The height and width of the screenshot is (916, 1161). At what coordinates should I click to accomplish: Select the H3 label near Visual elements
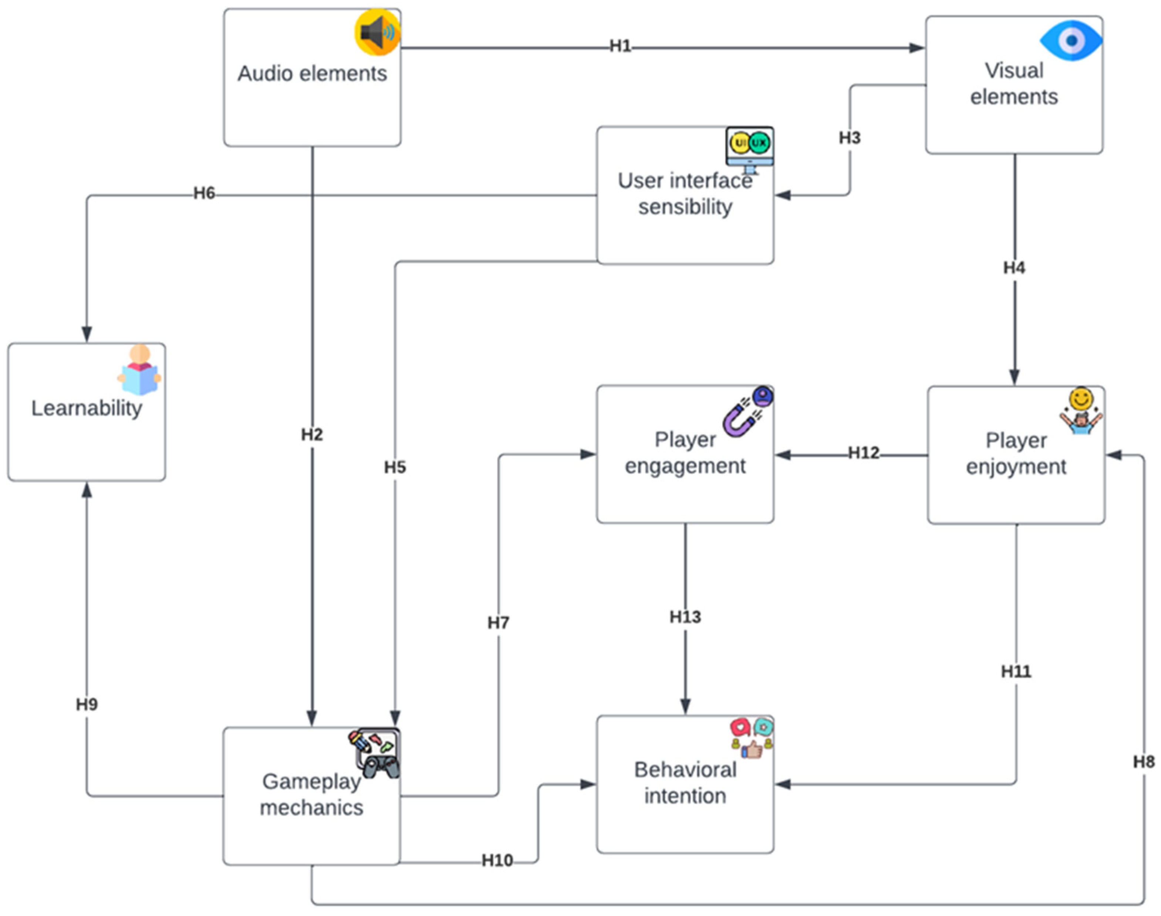tap(850, 138)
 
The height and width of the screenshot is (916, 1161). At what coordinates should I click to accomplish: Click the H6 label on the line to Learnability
tap(204, 193)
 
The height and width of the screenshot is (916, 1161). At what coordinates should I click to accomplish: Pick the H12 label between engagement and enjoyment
tap(863, 453)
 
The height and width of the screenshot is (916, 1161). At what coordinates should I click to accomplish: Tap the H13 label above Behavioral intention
tap(685, 617)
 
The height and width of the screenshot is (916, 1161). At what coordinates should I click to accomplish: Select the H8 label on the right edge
tap(1143, 761)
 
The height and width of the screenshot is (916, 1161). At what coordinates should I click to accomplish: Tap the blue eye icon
tap(1070, 40)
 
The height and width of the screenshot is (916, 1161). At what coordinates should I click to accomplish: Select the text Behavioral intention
tap(685, 783)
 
